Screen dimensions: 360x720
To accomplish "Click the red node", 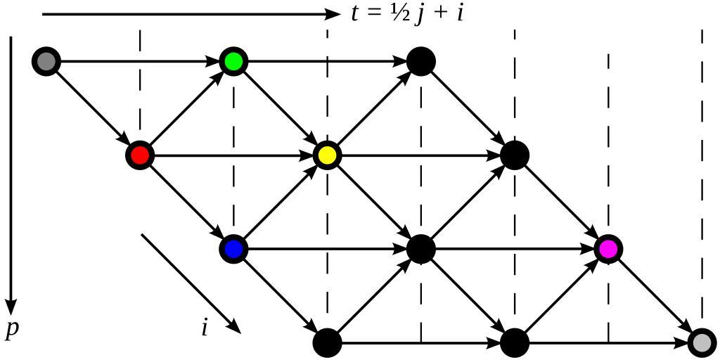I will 139,155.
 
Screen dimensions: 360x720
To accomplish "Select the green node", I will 233,62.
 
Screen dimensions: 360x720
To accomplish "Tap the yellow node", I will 327,155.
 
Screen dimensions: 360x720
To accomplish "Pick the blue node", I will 233,249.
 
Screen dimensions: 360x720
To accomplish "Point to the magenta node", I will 607,249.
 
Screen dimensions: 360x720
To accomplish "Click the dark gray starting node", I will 46,62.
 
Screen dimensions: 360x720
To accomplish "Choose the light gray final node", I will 702,342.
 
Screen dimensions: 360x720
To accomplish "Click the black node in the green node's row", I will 420,62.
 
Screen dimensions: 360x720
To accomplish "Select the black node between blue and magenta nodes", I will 420,249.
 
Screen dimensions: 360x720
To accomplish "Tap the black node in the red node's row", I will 514,155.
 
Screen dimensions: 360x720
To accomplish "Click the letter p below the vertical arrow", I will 11,330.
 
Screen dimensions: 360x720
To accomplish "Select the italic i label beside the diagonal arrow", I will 205,328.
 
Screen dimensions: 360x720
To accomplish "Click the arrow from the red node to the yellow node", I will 232,155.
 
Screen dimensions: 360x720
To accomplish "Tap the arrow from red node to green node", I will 186,108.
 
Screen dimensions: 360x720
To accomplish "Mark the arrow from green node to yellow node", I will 280,108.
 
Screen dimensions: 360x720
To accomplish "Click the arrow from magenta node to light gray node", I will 655,295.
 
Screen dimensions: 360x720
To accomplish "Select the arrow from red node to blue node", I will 186,202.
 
